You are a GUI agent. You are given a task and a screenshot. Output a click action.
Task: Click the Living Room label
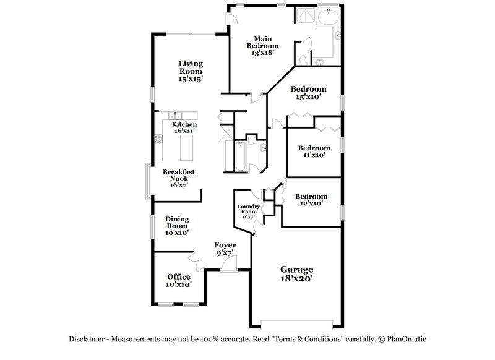click(191, 71)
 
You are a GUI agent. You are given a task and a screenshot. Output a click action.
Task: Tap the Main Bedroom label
click(262, 45)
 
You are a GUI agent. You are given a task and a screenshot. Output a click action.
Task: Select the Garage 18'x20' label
click(297, 274)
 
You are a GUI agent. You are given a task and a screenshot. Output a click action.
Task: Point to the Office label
click(179, 280)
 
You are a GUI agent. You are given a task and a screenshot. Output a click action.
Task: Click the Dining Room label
click(177, 226)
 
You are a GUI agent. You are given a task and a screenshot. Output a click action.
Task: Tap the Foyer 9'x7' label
click(225, 249)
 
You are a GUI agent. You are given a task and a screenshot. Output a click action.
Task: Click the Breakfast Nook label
click(179, 178)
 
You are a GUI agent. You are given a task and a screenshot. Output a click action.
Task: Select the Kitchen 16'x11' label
click(184, 127)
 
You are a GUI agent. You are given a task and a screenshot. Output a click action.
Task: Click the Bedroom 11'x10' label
click(314, 152)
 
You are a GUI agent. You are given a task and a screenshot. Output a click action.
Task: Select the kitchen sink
click(176, 115)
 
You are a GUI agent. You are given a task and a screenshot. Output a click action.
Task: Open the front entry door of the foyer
click(228, 265)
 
